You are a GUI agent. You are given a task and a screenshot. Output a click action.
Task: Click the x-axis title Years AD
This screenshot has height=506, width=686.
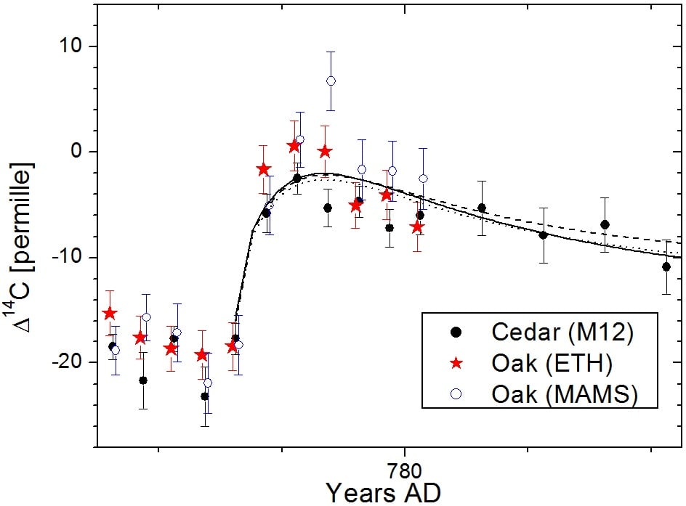coord(382,491)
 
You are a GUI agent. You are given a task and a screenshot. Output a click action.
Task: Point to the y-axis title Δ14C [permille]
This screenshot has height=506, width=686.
coord(22,248)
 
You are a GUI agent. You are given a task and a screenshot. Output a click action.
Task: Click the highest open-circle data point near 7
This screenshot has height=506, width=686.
coord(331,81)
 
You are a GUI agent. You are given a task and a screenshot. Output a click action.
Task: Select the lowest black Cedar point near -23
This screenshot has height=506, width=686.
coord(205,396)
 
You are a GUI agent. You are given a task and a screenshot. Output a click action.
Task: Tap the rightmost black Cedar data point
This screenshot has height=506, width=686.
coord(666,266)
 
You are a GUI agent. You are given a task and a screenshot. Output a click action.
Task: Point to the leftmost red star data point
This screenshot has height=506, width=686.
coord(110,314)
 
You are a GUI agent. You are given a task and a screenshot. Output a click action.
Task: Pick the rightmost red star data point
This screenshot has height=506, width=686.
coord(416,227)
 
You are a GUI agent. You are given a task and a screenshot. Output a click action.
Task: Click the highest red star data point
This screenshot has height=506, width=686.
coord(294,146)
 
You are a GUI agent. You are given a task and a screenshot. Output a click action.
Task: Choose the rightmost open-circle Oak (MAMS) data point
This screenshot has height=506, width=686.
coord(423,178)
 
